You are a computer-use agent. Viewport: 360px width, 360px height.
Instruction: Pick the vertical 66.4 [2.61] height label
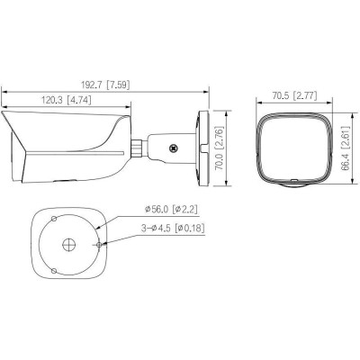345,148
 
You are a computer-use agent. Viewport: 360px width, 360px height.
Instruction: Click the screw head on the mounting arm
172,143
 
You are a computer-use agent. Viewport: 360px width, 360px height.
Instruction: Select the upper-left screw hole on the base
56,219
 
